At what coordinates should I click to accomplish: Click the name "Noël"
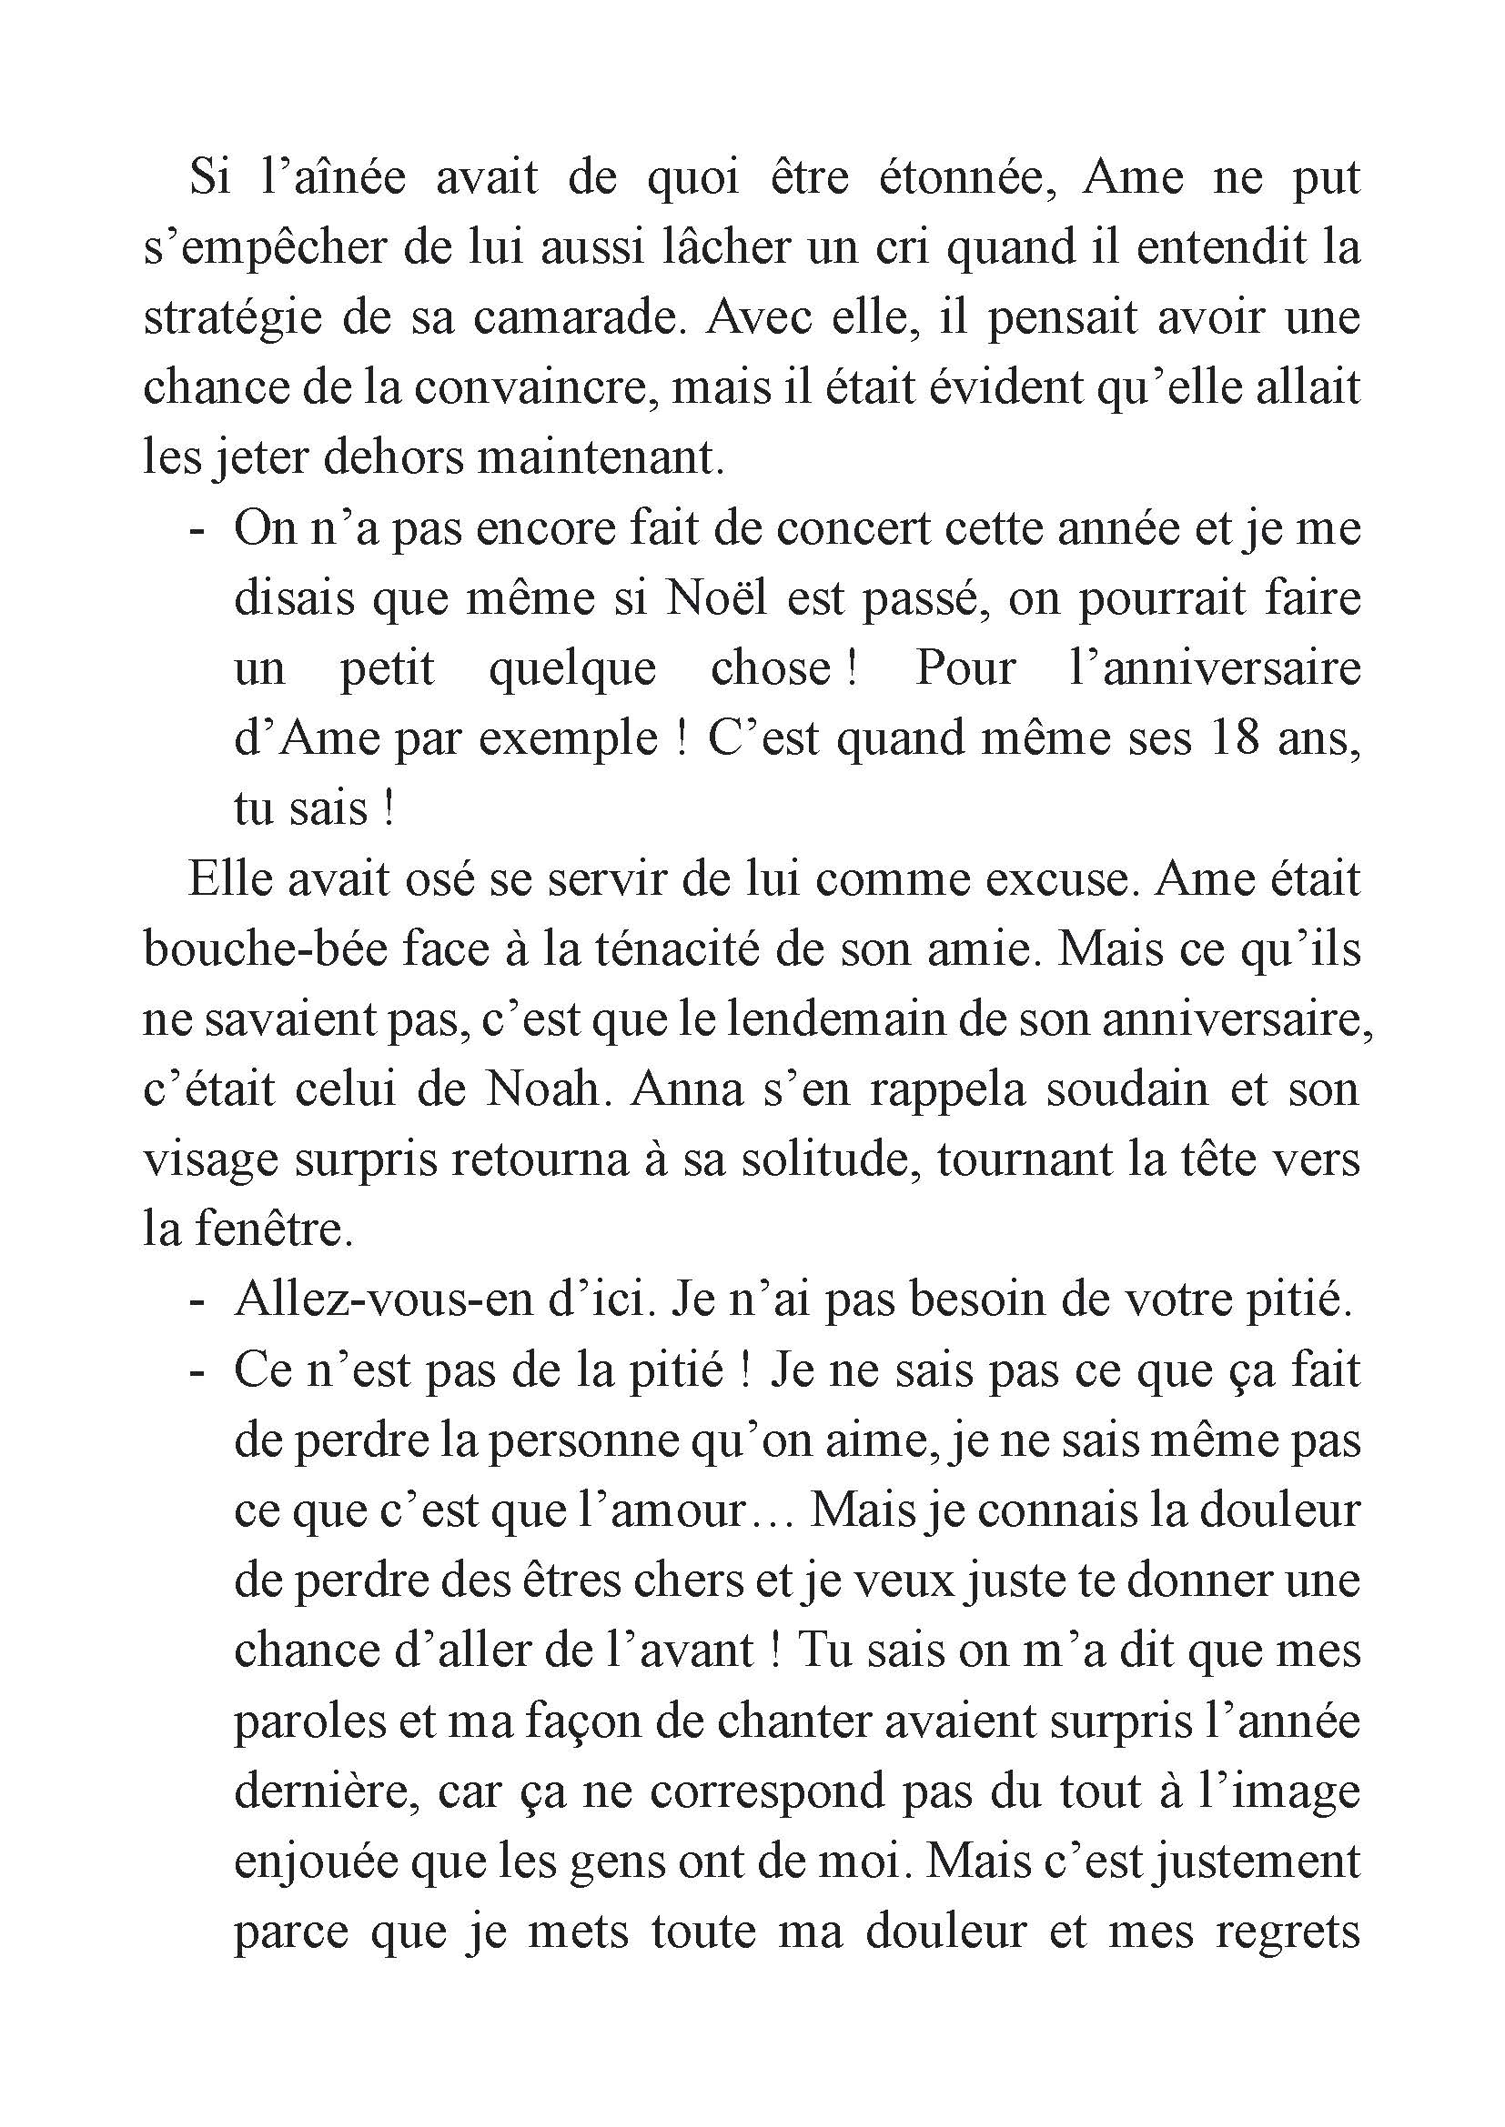coord(717,597)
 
